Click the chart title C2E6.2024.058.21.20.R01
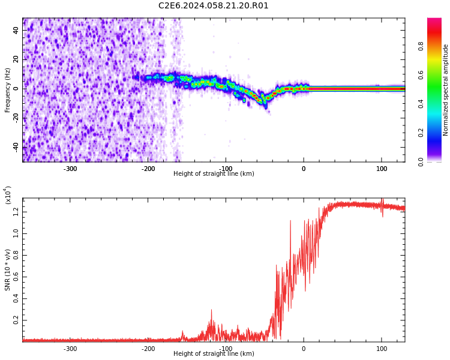214,6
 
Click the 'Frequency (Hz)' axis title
8,90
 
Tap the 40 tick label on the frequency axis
16,31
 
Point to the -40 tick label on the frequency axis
14,147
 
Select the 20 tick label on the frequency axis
16,60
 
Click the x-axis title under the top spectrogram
214,174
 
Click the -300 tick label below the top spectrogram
70,169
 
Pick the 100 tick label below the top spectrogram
382,169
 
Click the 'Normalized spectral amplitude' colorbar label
446,90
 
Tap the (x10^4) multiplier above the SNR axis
8,195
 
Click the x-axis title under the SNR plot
214,354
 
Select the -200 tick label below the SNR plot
148,349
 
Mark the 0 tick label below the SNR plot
304,349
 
